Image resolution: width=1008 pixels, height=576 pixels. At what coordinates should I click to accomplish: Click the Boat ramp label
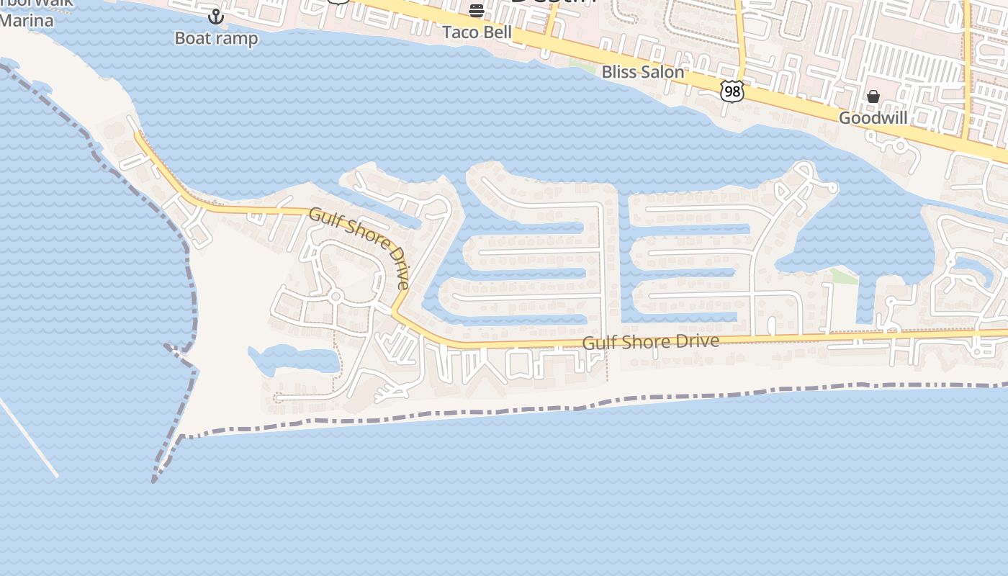[x=216, y=38]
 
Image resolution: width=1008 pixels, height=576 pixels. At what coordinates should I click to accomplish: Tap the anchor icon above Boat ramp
[x=215, y=16]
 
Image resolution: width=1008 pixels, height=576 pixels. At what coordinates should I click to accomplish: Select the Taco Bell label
[x=477, y=32]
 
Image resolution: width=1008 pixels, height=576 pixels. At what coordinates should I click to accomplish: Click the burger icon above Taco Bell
[x=477, y=10]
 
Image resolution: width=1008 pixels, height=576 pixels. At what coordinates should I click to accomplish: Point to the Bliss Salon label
[x=642, y=72]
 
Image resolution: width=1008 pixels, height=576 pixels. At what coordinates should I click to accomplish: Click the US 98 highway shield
[x=732, y=91]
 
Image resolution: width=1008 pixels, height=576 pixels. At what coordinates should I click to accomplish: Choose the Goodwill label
[x=873, y=118]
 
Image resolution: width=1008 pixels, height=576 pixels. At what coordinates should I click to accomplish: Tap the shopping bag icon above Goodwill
[x=873, y=96]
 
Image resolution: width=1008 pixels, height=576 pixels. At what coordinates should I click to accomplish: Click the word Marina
[x=27, y=21]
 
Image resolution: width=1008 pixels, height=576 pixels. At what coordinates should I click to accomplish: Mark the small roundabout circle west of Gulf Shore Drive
[x=335, y=296]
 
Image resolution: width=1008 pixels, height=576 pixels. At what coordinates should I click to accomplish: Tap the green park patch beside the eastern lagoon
[x=843, y=276]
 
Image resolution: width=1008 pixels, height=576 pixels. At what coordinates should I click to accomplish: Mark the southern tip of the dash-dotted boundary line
[x=154, y=481]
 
